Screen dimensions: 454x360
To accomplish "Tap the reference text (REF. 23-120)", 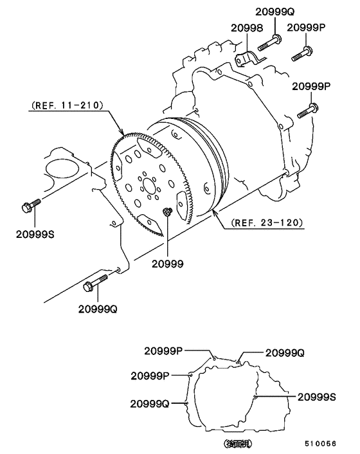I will tap(264, 223).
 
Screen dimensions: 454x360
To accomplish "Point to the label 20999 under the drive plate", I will tap(168, 264).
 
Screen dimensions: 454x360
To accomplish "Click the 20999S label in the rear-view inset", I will tap(317, 397).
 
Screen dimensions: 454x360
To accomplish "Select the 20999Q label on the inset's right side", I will tap(285, 352).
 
